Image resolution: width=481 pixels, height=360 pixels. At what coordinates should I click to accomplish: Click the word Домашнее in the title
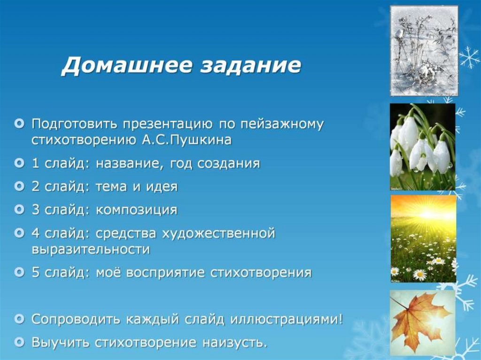tap(127, 65)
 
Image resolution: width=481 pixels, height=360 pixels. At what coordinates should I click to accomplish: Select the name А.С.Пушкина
tap(187, 140)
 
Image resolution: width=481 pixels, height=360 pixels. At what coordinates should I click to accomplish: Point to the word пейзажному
tap(282, 124)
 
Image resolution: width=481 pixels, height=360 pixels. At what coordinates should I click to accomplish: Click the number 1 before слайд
tap(36, 163)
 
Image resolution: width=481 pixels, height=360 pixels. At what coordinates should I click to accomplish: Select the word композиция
tap(137, 210)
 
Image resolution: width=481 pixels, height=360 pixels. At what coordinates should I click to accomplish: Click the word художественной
tap(219, 234)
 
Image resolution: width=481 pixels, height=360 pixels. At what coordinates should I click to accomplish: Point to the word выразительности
tap(91, 249)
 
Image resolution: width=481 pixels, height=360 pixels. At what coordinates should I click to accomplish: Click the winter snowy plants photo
tap(424, 51)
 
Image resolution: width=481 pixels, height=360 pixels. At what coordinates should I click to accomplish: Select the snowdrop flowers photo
tap(422, 147)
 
